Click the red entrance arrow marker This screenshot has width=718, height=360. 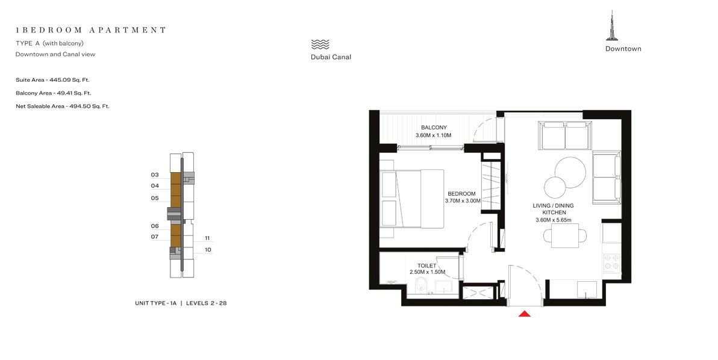(524, 313)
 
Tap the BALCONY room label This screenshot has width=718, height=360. (434, 128)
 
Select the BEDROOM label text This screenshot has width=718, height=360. (462, 194)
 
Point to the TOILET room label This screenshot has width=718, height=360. (426, 265)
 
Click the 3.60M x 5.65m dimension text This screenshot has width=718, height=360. (553, 220)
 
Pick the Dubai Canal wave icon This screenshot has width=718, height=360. (320, 44)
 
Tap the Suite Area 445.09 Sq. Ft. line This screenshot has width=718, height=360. (52, 79)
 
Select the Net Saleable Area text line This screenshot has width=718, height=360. (62, 106)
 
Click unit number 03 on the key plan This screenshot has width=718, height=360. (155, 175)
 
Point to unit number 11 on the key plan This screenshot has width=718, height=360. (207, 238)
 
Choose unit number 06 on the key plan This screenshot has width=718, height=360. (155, 226)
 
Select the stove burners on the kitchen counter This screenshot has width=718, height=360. (612, 261)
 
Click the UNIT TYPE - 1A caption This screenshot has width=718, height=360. (155, 303)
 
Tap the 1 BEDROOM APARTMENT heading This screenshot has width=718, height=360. (91, 29)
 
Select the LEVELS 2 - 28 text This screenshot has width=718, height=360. (206, 303)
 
